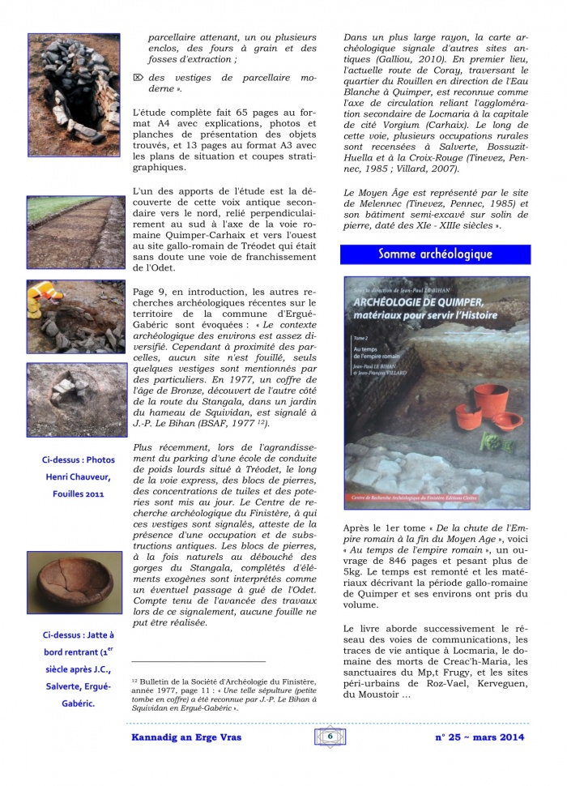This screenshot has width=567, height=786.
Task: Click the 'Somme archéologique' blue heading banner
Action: tap(435, 254)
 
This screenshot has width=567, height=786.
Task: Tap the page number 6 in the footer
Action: tap(330, 736)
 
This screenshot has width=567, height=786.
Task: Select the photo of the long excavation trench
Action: tap(74, 232)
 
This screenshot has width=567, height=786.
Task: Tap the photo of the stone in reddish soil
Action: tap(74, 399)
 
